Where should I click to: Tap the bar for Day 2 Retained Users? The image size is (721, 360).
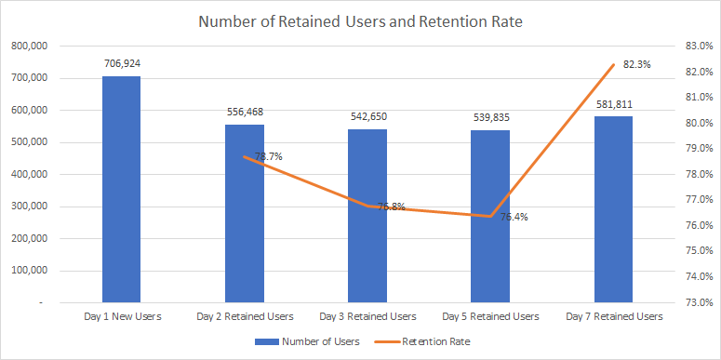[x=244, y=213]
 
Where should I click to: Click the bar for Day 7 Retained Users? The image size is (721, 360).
[x=613, y=209]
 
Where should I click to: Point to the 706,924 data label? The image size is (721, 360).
[x=121, y=64]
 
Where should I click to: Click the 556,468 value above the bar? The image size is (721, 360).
[x=244, y=113]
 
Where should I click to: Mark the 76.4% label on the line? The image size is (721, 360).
[x=514, y=217]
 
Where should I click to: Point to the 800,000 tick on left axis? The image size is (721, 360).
[x=30, y=46]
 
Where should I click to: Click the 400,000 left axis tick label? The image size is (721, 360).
[x=30, y=174]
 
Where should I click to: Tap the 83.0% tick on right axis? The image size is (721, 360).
[x=698, y=46]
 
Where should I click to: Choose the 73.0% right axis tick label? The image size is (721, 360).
[x=698, y=302]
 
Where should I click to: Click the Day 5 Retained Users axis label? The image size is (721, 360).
[x=489, y=316]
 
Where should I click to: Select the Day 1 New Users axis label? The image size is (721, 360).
[x=121, y=316]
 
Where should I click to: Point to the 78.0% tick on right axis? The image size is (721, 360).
[x=698, y=174]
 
